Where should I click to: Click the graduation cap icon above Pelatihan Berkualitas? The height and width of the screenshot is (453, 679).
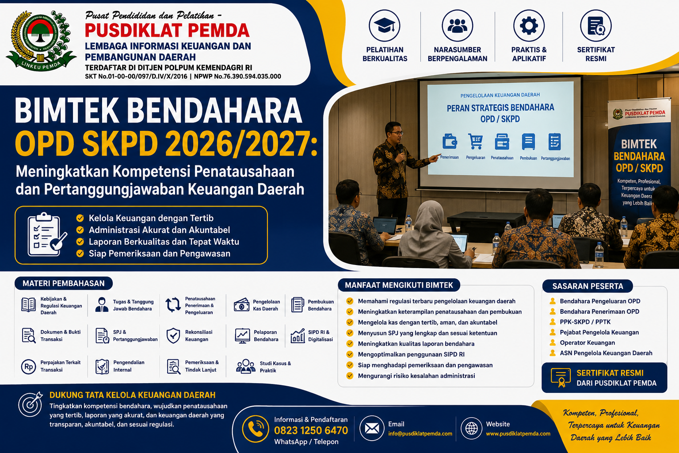pos(384,26)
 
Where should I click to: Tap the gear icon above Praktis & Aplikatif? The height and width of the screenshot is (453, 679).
pos(529,26)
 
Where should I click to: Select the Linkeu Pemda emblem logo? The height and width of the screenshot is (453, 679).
pos(41,41)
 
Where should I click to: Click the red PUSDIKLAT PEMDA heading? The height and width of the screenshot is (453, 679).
pos(167,31)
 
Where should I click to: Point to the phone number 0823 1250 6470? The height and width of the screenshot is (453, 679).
pos(311,430)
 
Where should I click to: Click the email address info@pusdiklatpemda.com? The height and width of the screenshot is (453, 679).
pos(420,434)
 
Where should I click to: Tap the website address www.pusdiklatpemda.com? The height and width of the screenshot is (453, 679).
pos(518,434)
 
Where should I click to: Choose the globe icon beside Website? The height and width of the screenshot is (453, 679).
pos(471,428)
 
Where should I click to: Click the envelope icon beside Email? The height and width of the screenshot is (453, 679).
pos(372,428)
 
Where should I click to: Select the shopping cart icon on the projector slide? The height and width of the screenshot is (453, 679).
pos(475,142)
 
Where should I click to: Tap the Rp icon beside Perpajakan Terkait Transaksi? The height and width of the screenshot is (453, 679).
pos(28,367)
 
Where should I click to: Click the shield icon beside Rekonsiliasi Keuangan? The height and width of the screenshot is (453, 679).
pos(173,336)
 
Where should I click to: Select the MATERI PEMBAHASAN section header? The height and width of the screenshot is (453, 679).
pos(64,284)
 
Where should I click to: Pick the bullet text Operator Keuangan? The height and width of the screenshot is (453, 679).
pos(587,343)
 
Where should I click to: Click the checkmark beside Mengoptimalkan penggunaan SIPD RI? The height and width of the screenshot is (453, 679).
pos(350,354)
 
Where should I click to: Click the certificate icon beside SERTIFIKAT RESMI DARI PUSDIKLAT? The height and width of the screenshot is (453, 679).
pos(561,378)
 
